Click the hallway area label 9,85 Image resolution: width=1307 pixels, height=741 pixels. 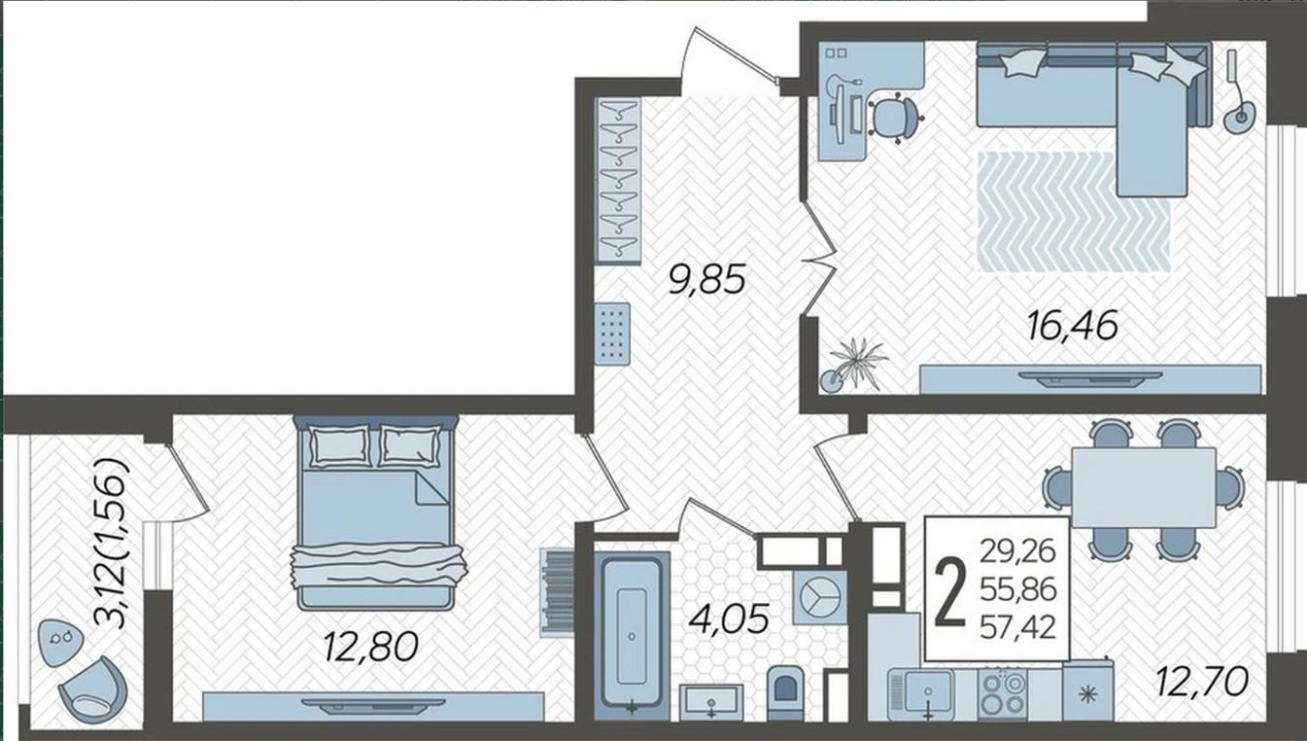pos(706,280)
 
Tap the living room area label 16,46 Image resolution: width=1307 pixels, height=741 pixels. pos(1072,326)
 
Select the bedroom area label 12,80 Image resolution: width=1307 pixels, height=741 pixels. pos(370,647)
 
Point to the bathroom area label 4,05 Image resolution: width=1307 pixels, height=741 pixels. pos(729,619)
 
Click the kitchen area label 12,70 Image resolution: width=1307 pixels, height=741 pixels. pos(1202,682)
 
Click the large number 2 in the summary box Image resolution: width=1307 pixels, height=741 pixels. pos(950,591)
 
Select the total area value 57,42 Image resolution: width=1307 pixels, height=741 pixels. pos(1018,628)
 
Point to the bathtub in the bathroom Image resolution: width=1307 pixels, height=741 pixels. pos(632,634)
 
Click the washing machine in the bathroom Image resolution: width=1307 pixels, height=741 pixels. pos(820,598)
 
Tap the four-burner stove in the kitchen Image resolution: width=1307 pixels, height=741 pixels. pos(1003,693)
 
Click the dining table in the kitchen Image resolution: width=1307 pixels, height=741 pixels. pos(1144,487)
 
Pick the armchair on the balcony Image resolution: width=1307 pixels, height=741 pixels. pos(92,688)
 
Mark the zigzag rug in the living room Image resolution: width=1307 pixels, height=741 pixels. pos(1075,211)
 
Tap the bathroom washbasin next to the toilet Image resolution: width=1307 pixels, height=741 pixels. pos(711,702)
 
